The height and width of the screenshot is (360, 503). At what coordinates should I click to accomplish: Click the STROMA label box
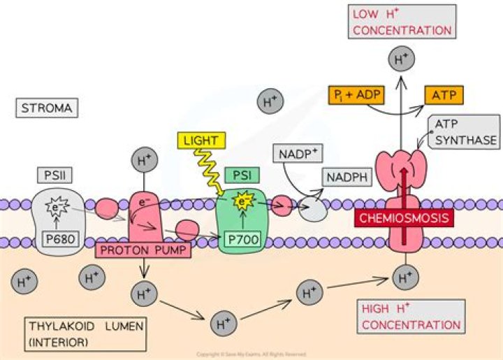click(48, 108)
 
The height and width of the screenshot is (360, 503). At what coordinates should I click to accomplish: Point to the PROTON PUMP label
click(142, 249)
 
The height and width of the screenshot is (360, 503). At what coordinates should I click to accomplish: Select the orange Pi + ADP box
click(356, 93)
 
